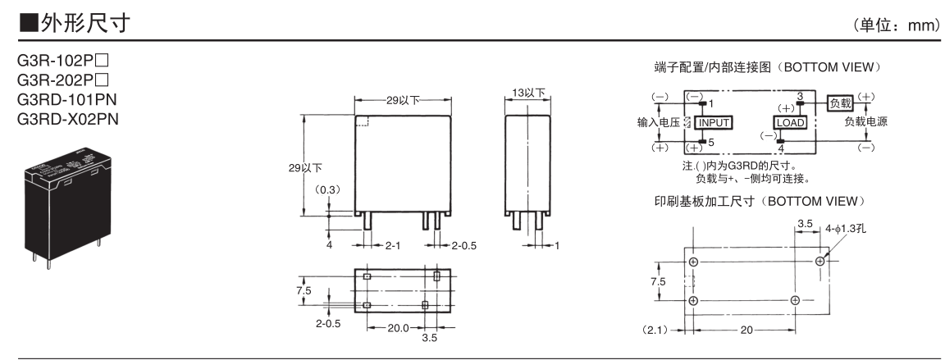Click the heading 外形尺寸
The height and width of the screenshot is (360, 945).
[x=75, y=25]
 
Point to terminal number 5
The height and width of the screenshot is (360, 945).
[x=710, y=142]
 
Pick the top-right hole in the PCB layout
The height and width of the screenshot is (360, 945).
[x=820, y=261]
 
